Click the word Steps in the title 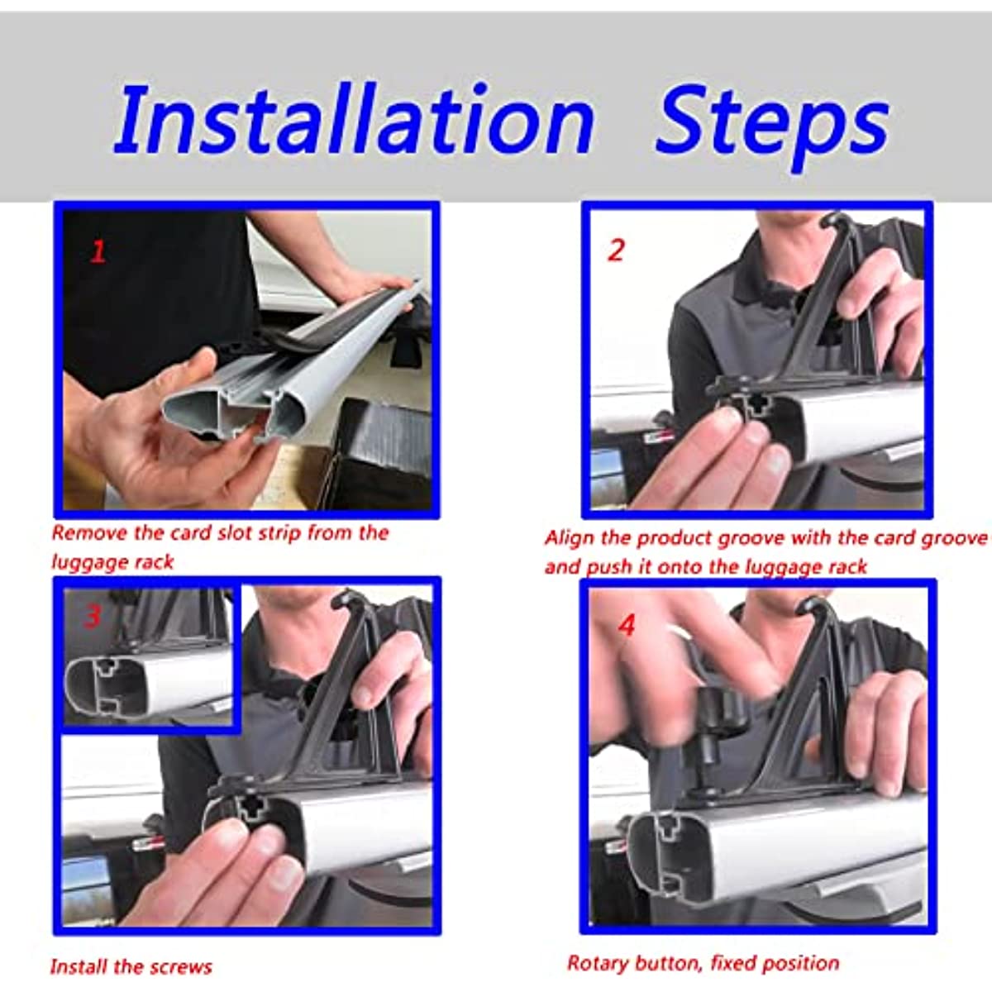pos(772,126)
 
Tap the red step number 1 pos(98,252)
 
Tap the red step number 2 pos(616,250)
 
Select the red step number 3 pos(93,616)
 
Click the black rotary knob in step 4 pos(720,710)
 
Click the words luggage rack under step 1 pos(112,562)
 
